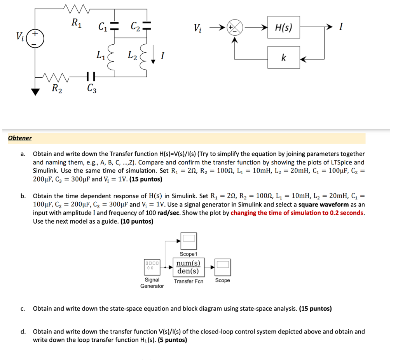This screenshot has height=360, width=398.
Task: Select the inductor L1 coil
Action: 113,58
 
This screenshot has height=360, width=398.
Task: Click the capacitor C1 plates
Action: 114,26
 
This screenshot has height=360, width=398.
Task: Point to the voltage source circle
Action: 35,38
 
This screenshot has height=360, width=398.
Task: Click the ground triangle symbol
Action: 36,91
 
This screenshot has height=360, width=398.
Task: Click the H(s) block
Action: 283,27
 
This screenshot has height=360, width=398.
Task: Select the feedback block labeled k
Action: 283,58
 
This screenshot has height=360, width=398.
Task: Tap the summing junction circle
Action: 235,27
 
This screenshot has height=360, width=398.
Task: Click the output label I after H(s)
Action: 340,27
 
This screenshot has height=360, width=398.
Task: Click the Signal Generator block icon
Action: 152,267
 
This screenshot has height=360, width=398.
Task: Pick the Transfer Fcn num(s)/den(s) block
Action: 188,267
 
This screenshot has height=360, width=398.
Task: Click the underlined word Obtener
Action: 20,138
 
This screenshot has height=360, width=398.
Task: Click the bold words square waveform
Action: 323,205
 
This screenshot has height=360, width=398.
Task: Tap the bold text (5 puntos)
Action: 173,340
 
